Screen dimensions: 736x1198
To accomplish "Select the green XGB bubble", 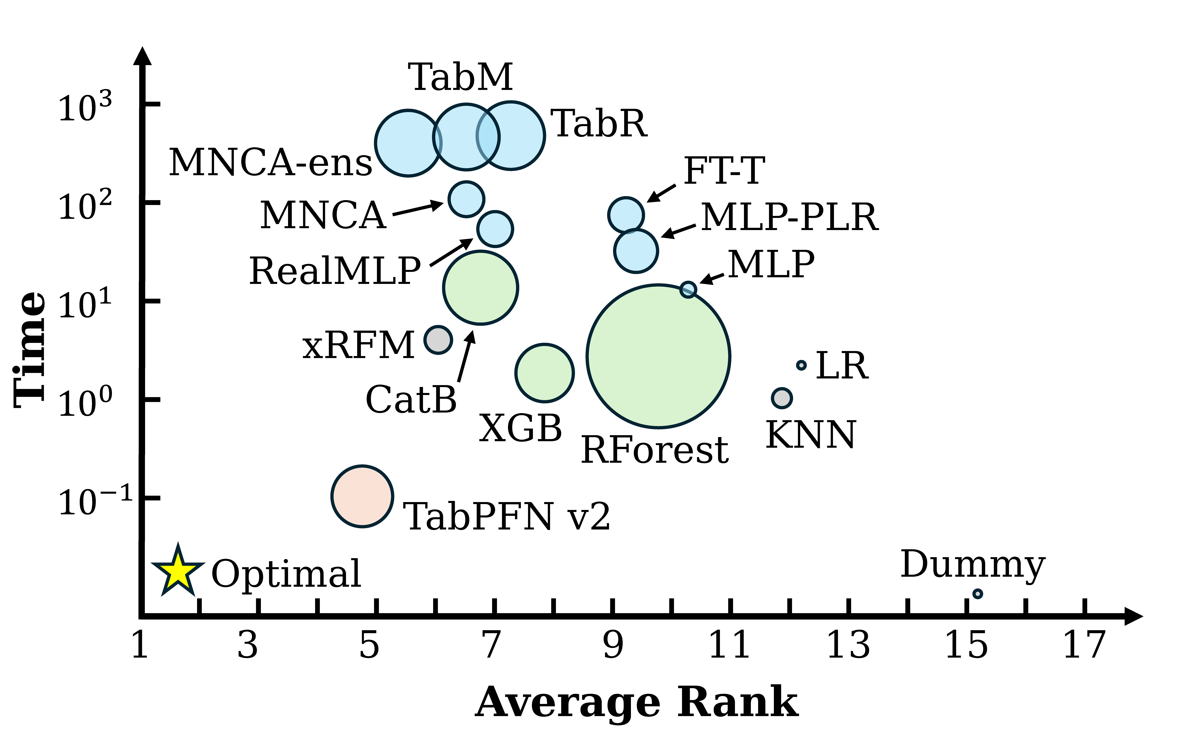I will pyautogui.click(x=545, y=373).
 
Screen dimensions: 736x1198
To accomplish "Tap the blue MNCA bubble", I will pyautogui.click(x=466, y=199).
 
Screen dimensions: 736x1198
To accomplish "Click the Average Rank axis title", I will pyautogui.click(x=636, y=702).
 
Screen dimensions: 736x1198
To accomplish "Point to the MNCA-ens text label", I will pyautogui.click(x=271, y=162).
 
